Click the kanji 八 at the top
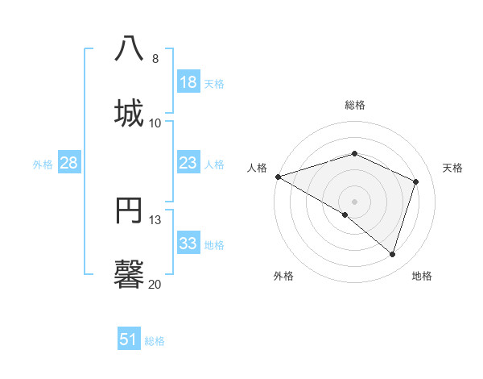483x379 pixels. click(130, 48)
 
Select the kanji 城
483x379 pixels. click(130, 112)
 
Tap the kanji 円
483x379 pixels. click(130, 210)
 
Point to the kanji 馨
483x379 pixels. click(130, 273)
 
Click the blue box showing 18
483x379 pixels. click(188, 82)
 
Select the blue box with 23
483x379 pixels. click(188, 163)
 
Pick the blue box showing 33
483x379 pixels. click(188, 244)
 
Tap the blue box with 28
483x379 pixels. click(69, 163)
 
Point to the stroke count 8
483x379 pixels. click(155, 59)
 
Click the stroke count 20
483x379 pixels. click(155, 284)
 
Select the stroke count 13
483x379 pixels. click(155, 220)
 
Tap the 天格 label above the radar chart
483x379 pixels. click(453, 168)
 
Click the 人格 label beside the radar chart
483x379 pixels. click(257, 168)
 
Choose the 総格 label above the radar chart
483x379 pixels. click(355, 105)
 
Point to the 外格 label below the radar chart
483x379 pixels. click(283, 276)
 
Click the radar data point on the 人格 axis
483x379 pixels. click(278, 177)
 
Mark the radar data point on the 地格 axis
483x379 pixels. click(392, 255)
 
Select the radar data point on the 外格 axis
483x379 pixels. click(345, 215)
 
